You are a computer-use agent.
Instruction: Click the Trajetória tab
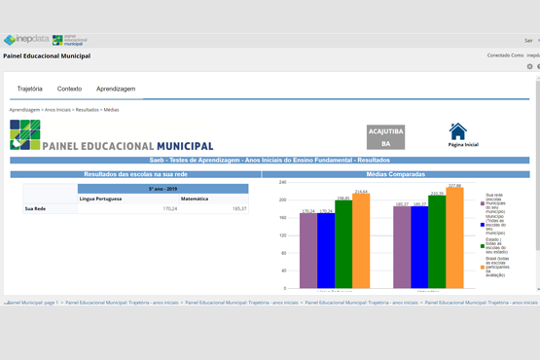pyautogui.click(x=29, y=89)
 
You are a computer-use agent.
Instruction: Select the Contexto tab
pyautogui.click(x=69, y=89)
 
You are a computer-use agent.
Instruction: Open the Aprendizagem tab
pyautogui.click(x=116, y=89)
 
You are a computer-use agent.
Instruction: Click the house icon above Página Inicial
pyautogui.click(x=457, y=131)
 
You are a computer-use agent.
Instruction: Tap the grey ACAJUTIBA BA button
pyautogui.click(x=385, y=137)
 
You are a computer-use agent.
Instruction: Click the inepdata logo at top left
pyautogui.click(x=26, y=40)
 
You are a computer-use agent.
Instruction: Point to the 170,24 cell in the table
pyautogui.click(x=169, y=208)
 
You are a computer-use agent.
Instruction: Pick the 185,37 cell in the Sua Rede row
pyautogui.click(x=238, y=208)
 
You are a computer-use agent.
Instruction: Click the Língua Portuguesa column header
pyautogui.click(x=101, y=198)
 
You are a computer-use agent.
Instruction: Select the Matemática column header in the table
pyautogui.click(x=195, y=198)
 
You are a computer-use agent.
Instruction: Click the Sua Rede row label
pyautogui.click(x=35, y=208)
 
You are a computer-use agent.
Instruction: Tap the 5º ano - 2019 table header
pyautogui.click(x=162, y=189)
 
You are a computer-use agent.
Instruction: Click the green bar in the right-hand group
pyautogui.click(x=437, y=242)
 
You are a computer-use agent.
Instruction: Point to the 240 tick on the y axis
pyautogui.click(x=282, y=182)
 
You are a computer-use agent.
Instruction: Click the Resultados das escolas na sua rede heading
pyautogui.click(x=134, y=174)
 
